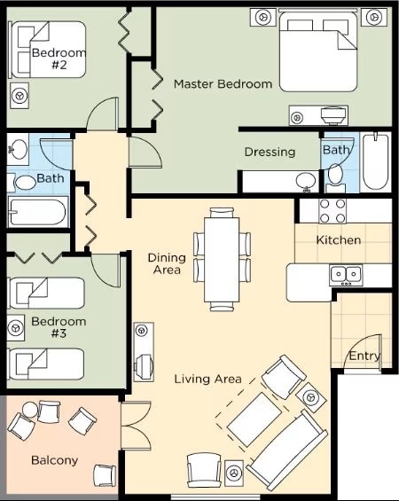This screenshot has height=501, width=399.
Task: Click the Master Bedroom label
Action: pyautogui.click(x=223, y=84)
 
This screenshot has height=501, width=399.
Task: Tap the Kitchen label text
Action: pyautogui.click(x=339, y=240)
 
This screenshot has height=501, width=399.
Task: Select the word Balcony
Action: pyautogui.click(x=55, y=461)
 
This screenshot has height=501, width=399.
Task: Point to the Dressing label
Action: pyautogui.click(x=270, y=153)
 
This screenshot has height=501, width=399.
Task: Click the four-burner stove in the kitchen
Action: pyautogui.click(x=332, y=211)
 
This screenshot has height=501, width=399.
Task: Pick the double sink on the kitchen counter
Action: pyautogui.click(x=346, y=275)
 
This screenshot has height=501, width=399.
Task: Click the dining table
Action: pyautogui.click(x=222, y=260)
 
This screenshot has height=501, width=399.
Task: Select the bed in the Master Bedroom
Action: pyautogui.click(x=318, y=51)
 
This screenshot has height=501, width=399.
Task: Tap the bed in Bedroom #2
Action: pyautogui.click(x=48, y=50)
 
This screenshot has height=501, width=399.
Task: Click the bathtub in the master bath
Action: pyautogui.click(x=376, y=161)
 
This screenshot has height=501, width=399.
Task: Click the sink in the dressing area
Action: pyautogui.click(x=306, y=182)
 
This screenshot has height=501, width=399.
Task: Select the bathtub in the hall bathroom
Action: pyautogui.click(x=38, y=212)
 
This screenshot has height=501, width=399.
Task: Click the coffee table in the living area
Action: pyautogui.click(x=254, y=419)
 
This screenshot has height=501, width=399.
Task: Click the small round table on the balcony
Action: pyautogui.click(x=29, y=409)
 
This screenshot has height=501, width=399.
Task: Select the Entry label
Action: pyautogui.click(x=364, y=356)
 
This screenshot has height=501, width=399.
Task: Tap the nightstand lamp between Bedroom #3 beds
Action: pyautogui.click(x=15, y=328)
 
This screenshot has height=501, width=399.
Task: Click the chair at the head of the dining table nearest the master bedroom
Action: pyautogui.click(x=222, y=212)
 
